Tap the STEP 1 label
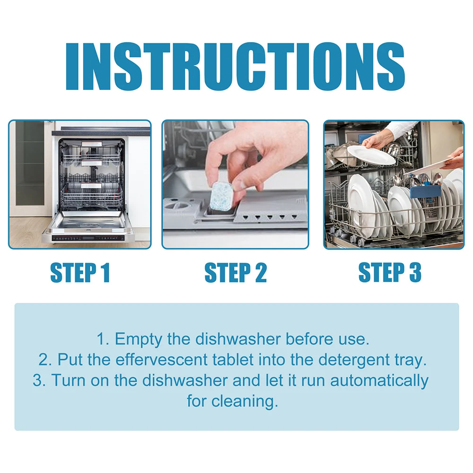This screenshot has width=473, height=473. point(80,273)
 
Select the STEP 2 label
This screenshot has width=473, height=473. point(235,273)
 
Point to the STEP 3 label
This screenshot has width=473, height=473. point(390,273)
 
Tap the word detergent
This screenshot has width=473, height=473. point(353,360)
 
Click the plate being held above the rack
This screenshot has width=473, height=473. point(371,155)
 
